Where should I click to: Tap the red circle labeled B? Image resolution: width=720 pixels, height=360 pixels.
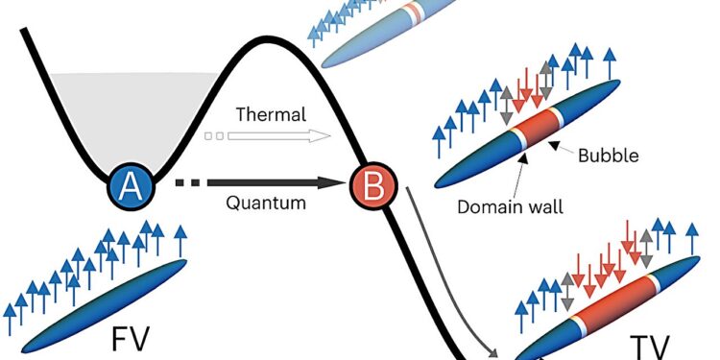(x=372, y=182)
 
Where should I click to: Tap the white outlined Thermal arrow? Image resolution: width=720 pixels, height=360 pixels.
(x=288, y=135)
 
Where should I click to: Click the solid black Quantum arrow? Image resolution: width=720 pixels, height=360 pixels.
(x=278, y=181)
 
